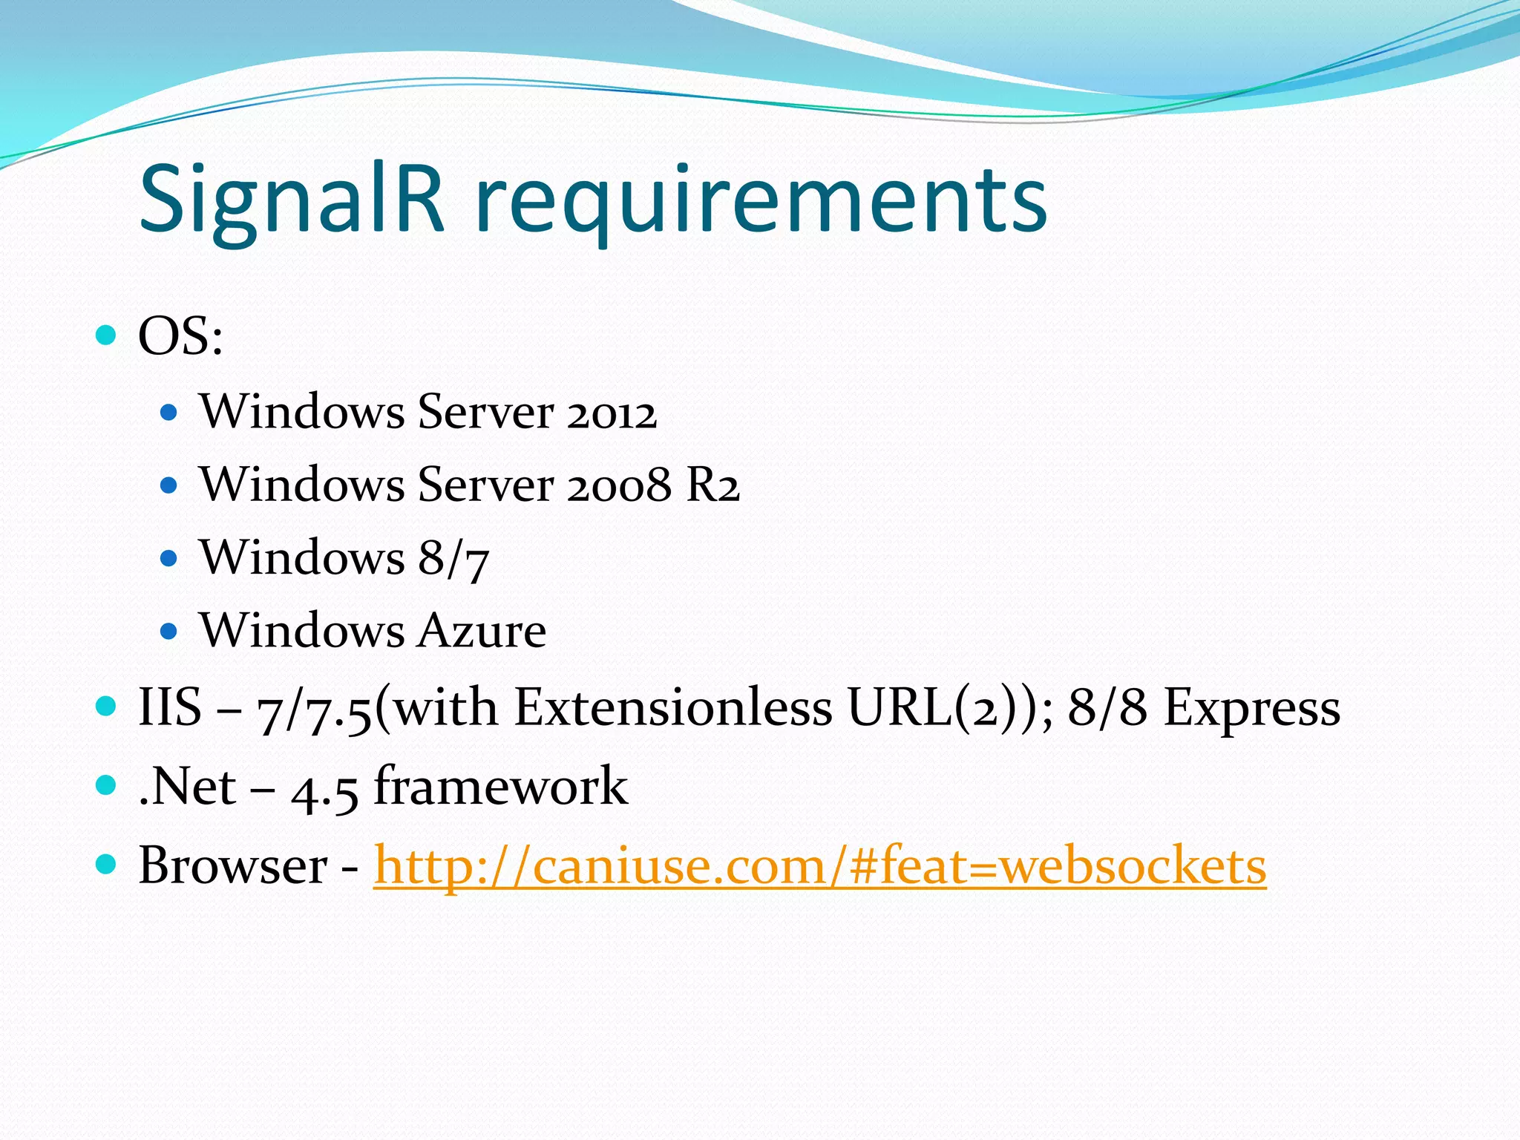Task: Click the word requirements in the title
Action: point(761,200)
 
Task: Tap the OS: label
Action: point(180,336)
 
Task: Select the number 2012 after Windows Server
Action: point(612,413)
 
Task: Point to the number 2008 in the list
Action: point(619,485)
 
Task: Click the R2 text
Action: point(713,485)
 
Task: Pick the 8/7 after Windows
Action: point(453,558)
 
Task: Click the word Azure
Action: point(482,631)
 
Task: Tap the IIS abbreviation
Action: point(170,707)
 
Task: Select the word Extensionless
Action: point(673,707)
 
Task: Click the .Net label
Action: point(187,787)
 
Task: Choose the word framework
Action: point(501,785)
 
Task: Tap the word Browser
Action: point(233,865)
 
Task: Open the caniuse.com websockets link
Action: point(819,865)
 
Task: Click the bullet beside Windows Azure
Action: point(169,632)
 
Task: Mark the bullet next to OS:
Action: point(107,335)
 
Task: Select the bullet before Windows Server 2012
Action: point(169,413)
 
